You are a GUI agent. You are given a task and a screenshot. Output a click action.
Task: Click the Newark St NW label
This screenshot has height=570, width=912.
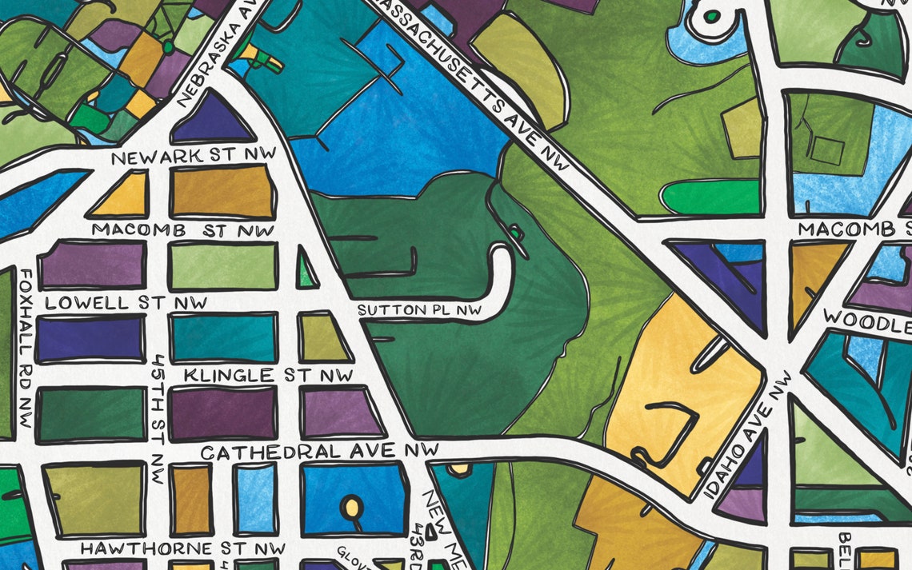pos(194,157)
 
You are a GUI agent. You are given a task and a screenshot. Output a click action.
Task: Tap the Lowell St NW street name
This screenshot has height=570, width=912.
pos(126,303)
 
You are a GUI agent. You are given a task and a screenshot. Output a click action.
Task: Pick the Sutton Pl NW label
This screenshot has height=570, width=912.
pos(420,309)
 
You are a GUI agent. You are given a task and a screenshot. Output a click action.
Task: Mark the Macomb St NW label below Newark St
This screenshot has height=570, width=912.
pos(183,230)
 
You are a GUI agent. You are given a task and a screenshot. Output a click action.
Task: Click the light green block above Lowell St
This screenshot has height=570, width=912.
pos(223,266)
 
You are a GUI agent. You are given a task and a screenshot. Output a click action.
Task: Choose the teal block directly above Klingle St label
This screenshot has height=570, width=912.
pos(223,338)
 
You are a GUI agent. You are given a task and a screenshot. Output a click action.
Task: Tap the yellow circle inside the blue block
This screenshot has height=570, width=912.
pos(350,505)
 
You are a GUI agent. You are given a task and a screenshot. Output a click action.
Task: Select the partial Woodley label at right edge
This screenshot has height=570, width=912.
pos(868,321)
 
